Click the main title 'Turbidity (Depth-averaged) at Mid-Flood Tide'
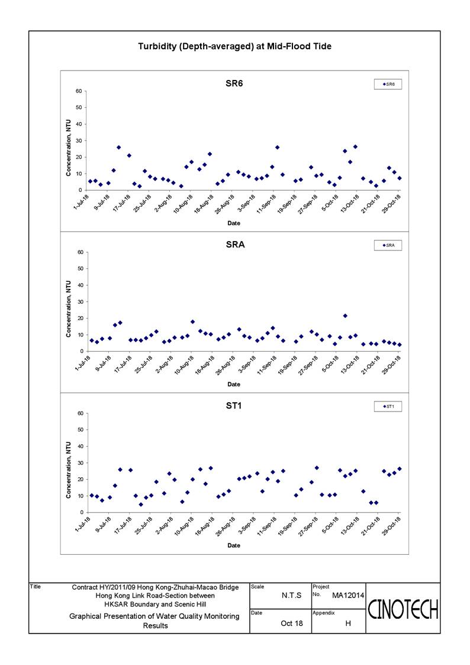[235, 47]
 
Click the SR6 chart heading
[234, 83]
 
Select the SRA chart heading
[235, 245]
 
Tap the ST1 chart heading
[234, 406]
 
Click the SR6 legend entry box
[388, 85]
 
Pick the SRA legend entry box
[388, 246]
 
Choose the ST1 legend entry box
[388, 407]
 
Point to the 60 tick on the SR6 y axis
[79, 91]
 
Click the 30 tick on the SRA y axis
[80, 302]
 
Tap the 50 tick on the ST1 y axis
[80, 430]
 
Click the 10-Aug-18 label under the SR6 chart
[184, 204]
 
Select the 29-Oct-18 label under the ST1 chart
[392, 526]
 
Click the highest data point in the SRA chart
[345, 316]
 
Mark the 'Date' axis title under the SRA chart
[234, 384]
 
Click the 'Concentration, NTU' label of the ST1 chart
[68, 470]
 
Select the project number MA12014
[348, 596]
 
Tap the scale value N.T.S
[292, 596]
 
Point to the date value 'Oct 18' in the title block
[292, 624]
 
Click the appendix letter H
[348, 624]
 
